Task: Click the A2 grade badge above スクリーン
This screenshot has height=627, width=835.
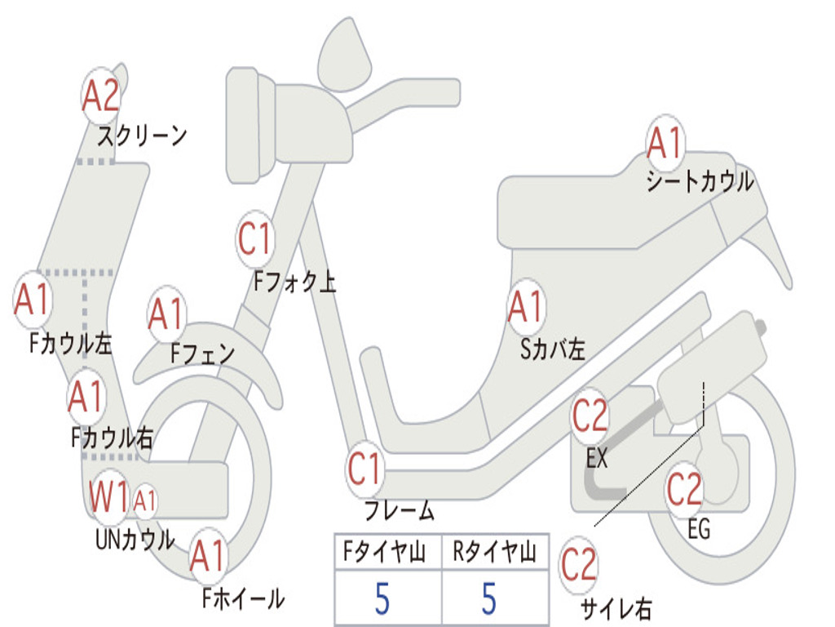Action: click(102, 96)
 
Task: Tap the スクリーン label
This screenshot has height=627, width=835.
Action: click(142, 136)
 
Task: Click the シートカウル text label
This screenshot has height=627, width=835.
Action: click(700, 182)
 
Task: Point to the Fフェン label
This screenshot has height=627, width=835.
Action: click(203, 354)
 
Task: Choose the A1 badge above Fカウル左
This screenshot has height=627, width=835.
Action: click(33, 300)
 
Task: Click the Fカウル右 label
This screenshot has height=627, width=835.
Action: click(112, 438)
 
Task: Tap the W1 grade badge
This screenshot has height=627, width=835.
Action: click(109, 496)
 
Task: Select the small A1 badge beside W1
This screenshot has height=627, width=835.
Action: click(144, 500)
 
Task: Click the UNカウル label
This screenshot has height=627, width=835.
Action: click(135, 540)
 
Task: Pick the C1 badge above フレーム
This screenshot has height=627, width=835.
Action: click(365, 469)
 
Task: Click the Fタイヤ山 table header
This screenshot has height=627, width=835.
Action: click(387, 554)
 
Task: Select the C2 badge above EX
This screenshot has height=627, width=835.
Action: click(590, 416)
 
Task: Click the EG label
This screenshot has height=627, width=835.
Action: click(698, 530)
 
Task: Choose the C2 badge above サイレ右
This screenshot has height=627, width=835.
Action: click(579, 565)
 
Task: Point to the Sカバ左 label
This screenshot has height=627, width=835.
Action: click(553, 350)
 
